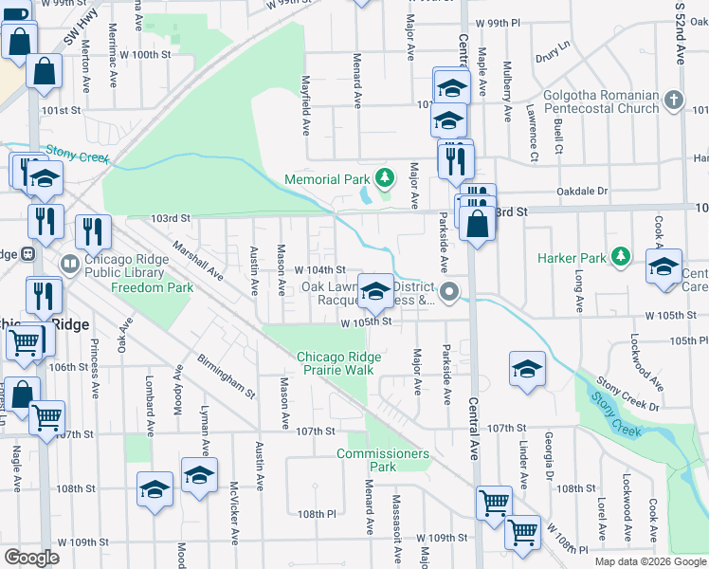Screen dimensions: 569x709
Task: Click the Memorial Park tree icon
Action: pos(384,177)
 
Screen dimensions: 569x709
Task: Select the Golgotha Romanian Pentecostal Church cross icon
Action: pos(673,100)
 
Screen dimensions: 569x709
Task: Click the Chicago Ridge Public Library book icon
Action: pos(69,262)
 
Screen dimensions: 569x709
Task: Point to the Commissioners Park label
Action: pos(383,460)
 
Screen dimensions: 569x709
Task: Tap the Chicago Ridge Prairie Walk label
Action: pos(339,363)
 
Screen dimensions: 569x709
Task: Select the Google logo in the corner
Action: pos(31,558)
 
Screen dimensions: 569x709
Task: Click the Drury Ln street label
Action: pos(553,46)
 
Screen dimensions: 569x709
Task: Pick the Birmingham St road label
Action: pos(227,374)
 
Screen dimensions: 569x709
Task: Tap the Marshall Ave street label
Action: pos(196,260)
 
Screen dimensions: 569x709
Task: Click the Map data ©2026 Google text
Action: pos(650,561)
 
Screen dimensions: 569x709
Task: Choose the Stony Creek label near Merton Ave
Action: pos(74,152)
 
